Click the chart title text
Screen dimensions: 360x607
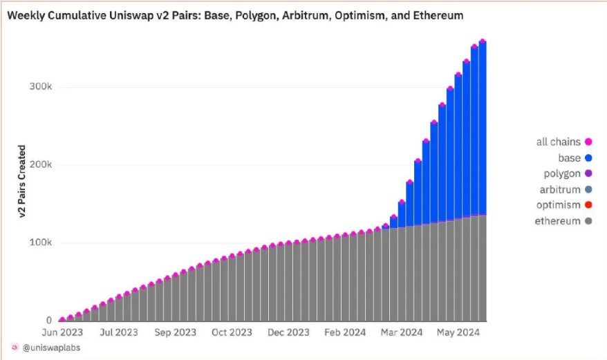(235, 15)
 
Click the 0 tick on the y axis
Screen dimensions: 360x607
(49, 321)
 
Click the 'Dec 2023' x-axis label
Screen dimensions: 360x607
(288, 332)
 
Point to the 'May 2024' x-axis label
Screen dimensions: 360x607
(458, 332)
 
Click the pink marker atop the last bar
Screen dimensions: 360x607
(483, 42)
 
